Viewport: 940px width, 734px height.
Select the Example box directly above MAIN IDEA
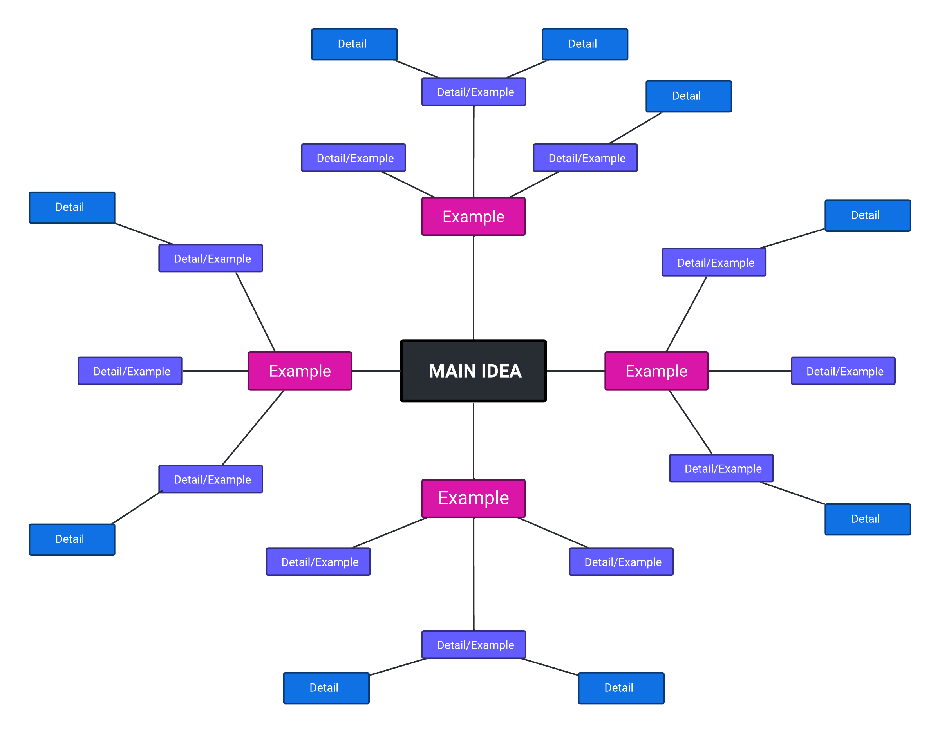pos(474,217)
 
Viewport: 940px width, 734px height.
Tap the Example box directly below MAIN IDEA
pos(474,498)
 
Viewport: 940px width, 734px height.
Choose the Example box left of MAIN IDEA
pos(300,371)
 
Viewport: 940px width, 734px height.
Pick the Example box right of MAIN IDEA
pos(656,371)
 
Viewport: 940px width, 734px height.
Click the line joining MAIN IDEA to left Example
pos(376,371)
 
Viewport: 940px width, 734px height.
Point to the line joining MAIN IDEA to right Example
pos(575,371)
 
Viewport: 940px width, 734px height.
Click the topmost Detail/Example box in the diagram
pos(474,92)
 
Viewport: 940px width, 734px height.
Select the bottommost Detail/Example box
pos(474,644)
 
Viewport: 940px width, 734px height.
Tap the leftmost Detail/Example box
pos(130,371)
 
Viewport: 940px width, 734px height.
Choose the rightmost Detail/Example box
pos(843,371)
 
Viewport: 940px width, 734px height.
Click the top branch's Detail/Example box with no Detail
pos(353,158)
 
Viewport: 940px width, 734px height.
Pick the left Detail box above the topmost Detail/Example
pos(354,44)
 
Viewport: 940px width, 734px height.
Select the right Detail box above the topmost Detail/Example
pos(584,44)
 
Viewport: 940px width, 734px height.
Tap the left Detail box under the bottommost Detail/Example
pos(326,688)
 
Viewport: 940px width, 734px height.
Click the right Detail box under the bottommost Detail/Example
pos(621,688)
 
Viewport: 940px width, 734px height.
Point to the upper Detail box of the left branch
pos(72,208)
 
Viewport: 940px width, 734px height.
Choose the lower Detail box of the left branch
pos(72,539)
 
